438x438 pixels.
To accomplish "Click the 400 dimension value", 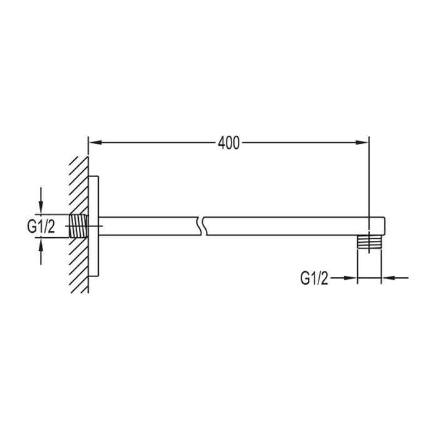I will pyautogui.click(x=229, y=143).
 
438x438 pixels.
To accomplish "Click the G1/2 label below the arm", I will pyautogui.click(x=314, y=278).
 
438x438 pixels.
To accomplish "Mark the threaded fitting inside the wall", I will pyautogui.click(x=79, y=225).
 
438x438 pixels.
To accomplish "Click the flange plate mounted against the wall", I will pyautogui.click(x=94, y=226).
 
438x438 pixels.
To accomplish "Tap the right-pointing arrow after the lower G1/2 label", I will pyautogui.click(x=350, y=278).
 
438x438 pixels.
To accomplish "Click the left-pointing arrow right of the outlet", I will pyautogui.click(x=387, y=278).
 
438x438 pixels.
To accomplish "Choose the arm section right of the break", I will pyautogui.click(x=288, y=226).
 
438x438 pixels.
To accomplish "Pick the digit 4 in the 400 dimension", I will pyautogui.click(x=222, y=143).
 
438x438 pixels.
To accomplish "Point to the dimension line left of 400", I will pyautogui.click(x=156, y=143).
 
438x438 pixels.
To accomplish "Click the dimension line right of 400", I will pyautogui.click(x=300, y=143).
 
